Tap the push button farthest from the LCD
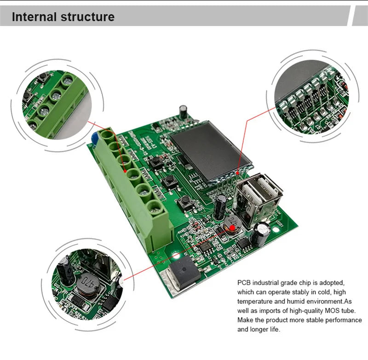(185, 200)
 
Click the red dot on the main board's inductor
(233, 227)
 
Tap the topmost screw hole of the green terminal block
(107, 135)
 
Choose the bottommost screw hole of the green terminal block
(157, 206)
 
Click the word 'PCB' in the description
(245, 282)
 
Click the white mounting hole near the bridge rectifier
(176, 256)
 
